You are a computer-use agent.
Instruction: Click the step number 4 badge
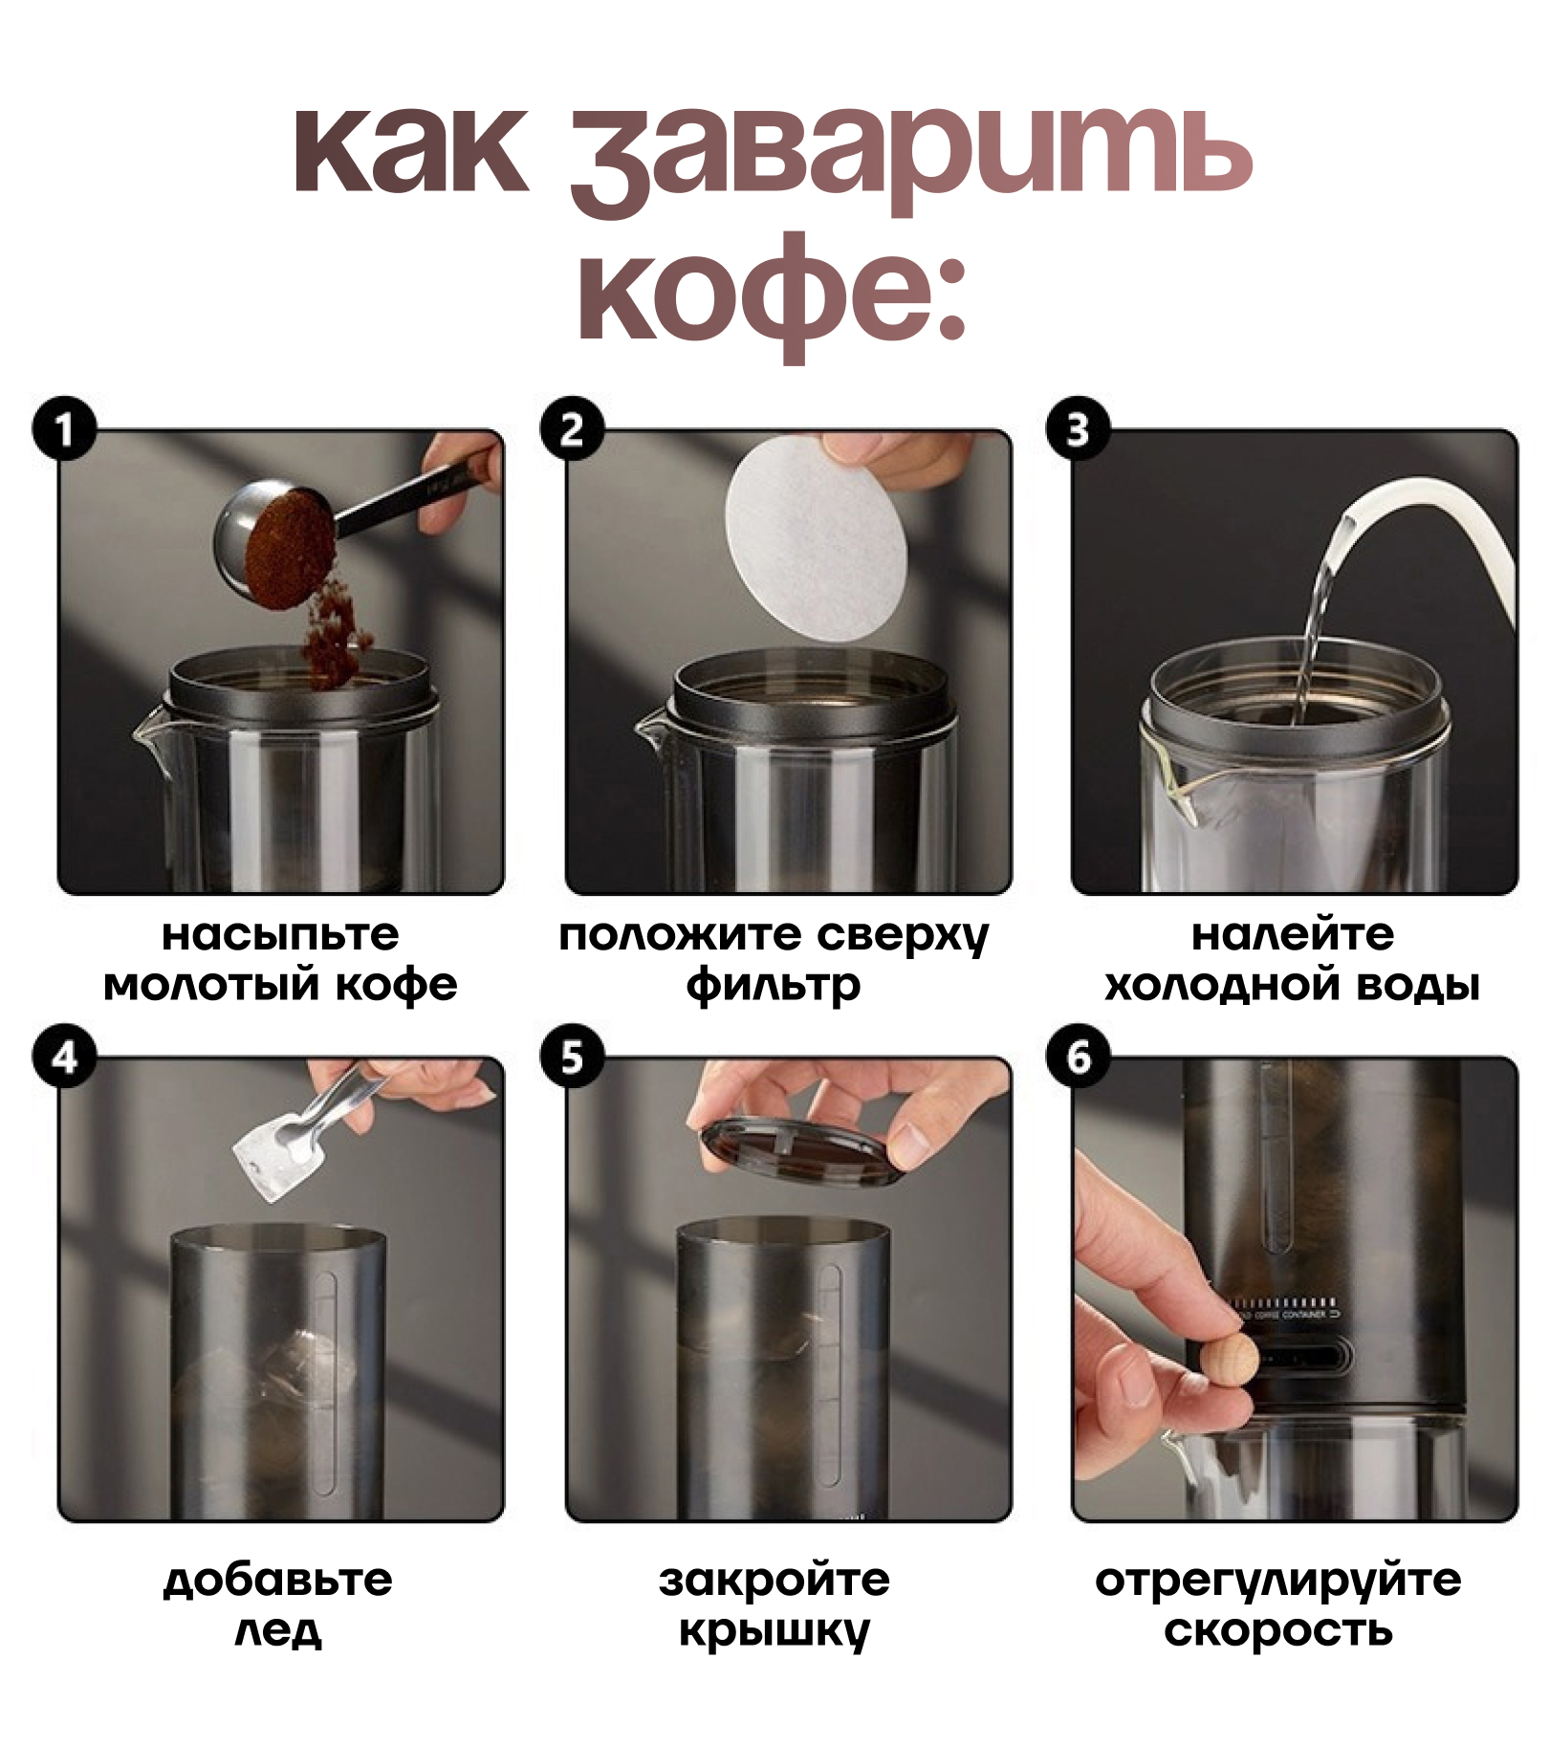point(64,1057)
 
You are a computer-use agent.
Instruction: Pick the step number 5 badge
point(572,1057)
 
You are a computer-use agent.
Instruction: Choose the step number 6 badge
point(1079,1057)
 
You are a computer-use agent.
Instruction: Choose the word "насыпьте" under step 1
point(280,935)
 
